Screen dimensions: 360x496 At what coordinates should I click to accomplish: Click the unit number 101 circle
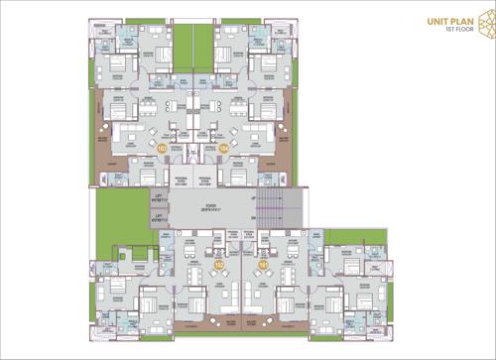[x=263, y=265]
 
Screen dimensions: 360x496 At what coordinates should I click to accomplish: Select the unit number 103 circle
[x=162, y=147]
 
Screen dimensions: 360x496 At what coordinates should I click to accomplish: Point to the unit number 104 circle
[x=223, y=147]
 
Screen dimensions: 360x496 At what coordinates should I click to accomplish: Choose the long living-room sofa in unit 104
[x=268, y=134]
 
